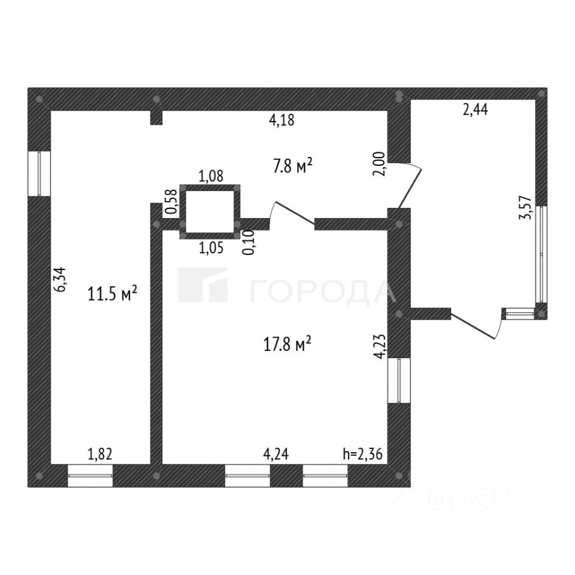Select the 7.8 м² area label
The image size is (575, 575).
(293, 166)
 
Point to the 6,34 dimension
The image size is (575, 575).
(60, 279)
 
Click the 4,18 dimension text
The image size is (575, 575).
(282, 120)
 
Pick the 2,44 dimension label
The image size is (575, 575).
(475, 110)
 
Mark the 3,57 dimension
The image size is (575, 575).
(528, 208)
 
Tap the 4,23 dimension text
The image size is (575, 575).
(379, 346)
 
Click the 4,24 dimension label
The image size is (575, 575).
(276, 454)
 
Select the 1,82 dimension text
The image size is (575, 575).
(100, 454)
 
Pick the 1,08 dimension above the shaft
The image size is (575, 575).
(210, 177)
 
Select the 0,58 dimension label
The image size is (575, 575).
(170, 202)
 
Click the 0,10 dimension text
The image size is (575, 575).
(248, 243)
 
